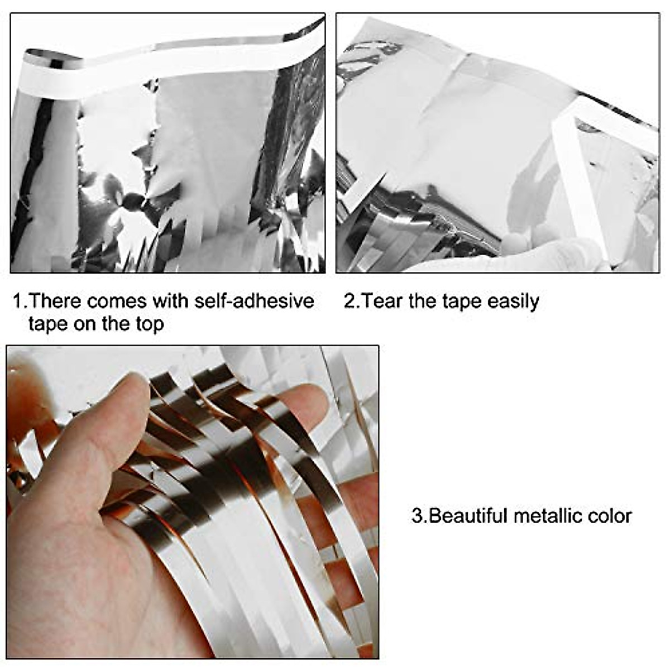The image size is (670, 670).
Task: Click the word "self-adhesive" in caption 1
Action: [254, 301]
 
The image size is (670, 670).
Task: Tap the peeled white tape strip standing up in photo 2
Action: [575, 167]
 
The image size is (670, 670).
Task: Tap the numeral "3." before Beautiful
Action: [419, 515]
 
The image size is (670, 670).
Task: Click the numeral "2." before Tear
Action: [352, 301]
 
